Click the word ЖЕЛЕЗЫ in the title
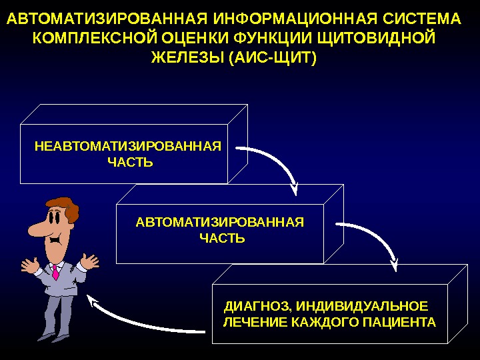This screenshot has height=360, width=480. click(187, 57)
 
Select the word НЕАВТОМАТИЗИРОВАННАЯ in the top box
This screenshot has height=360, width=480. click(127, 147)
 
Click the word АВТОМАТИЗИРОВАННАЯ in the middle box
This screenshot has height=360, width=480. click(219, 222)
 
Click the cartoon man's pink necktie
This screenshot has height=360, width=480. click(55, 271)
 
